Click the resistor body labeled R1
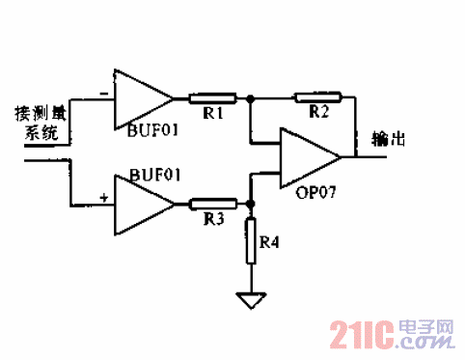[211, 97]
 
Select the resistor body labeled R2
[317, 97]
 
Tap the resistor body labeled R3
[211, 204]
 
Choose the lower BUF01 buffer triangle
[141, 204]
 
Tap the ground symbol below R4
[251, 301]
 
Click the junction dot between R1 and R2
[251, 97]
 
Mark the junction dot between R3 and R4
[251, 204]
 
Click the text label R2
[320, 115]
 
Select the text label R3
[213, 221]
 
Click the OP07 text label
[315, 192]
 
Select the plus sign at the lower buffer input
[103, 198]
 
